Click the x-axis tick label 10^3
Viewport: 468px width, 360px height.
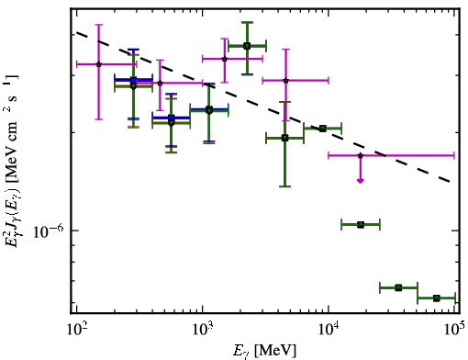point(203,330)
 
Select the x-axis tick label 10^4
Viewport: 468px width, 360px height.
point(329,330)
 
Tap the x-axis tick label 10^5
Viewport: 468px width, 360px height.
point(455,330)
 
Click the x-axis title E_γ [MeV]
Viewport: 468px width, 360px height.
point(265,351)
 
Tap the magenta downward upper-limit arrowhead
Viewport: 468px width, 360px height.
point(361,181)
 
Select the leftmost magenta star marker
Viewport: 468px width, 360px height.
point(98,64)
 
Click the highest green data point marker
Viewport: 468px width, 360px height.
point(247,46)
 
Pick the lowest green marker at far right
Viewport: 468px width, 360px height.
point(437,298)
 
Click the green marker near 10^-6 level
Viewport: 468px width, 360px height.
point(361,225)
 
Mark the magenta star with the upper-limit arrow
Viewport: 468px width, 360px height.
point(361,155)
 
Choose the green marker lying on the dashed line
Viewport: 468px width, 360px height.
point(323,129)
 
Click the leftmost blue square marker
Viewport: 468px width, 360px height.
point(133,81)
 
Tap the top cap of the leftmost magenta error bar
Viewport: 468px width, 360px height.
point(98,25)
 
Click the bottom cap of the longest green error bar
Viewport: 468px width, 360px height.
point(285,186)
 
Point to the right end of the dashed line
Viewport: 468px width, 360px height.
point(451,182)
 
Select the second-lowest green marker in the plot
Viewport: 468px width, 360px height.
point(398,287)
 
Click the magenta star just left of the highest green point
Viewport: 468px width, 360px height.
point(225,59)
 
